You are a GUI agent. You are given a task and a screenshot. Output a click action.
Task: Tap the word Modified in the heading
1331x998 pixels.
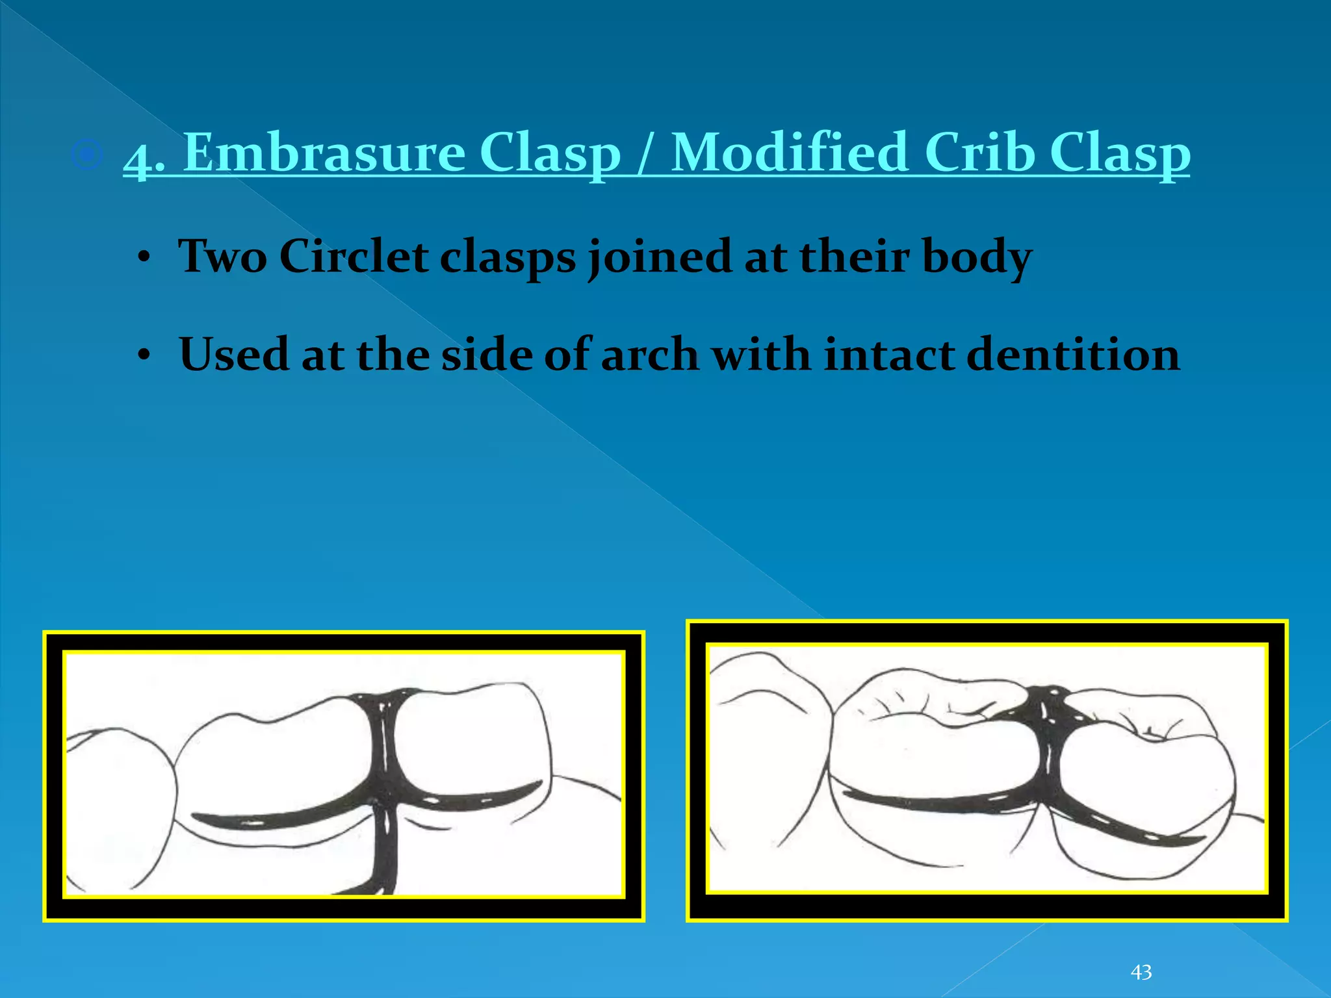click(x=788, y=153)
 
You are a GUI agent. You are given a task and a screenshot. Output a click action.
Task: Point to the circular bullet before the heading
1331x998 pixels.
click(x=87, y=155)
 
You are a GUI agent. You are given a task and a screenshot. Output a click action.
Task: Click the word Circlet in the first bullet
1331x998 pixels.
click(x=353, y=256)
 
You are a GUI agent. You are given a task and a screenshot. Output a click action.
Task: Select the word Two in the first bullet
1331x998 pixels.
click(x=222, y=256)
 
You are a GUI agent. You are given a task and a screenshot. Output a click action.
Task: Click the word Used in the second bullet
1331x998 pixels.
click(x=233, y=355)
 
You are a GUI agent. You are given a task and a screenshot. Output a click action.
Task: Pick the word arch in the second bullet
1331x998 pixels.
click(x=649, y=355)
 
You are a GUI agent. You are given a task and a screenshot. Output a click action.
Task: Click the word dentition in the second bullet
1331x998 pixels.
click(x=1072, y=355)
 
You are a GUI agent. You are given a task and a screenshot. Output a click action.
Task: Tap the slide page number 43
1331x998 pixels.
click(x=1141, y=972)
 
